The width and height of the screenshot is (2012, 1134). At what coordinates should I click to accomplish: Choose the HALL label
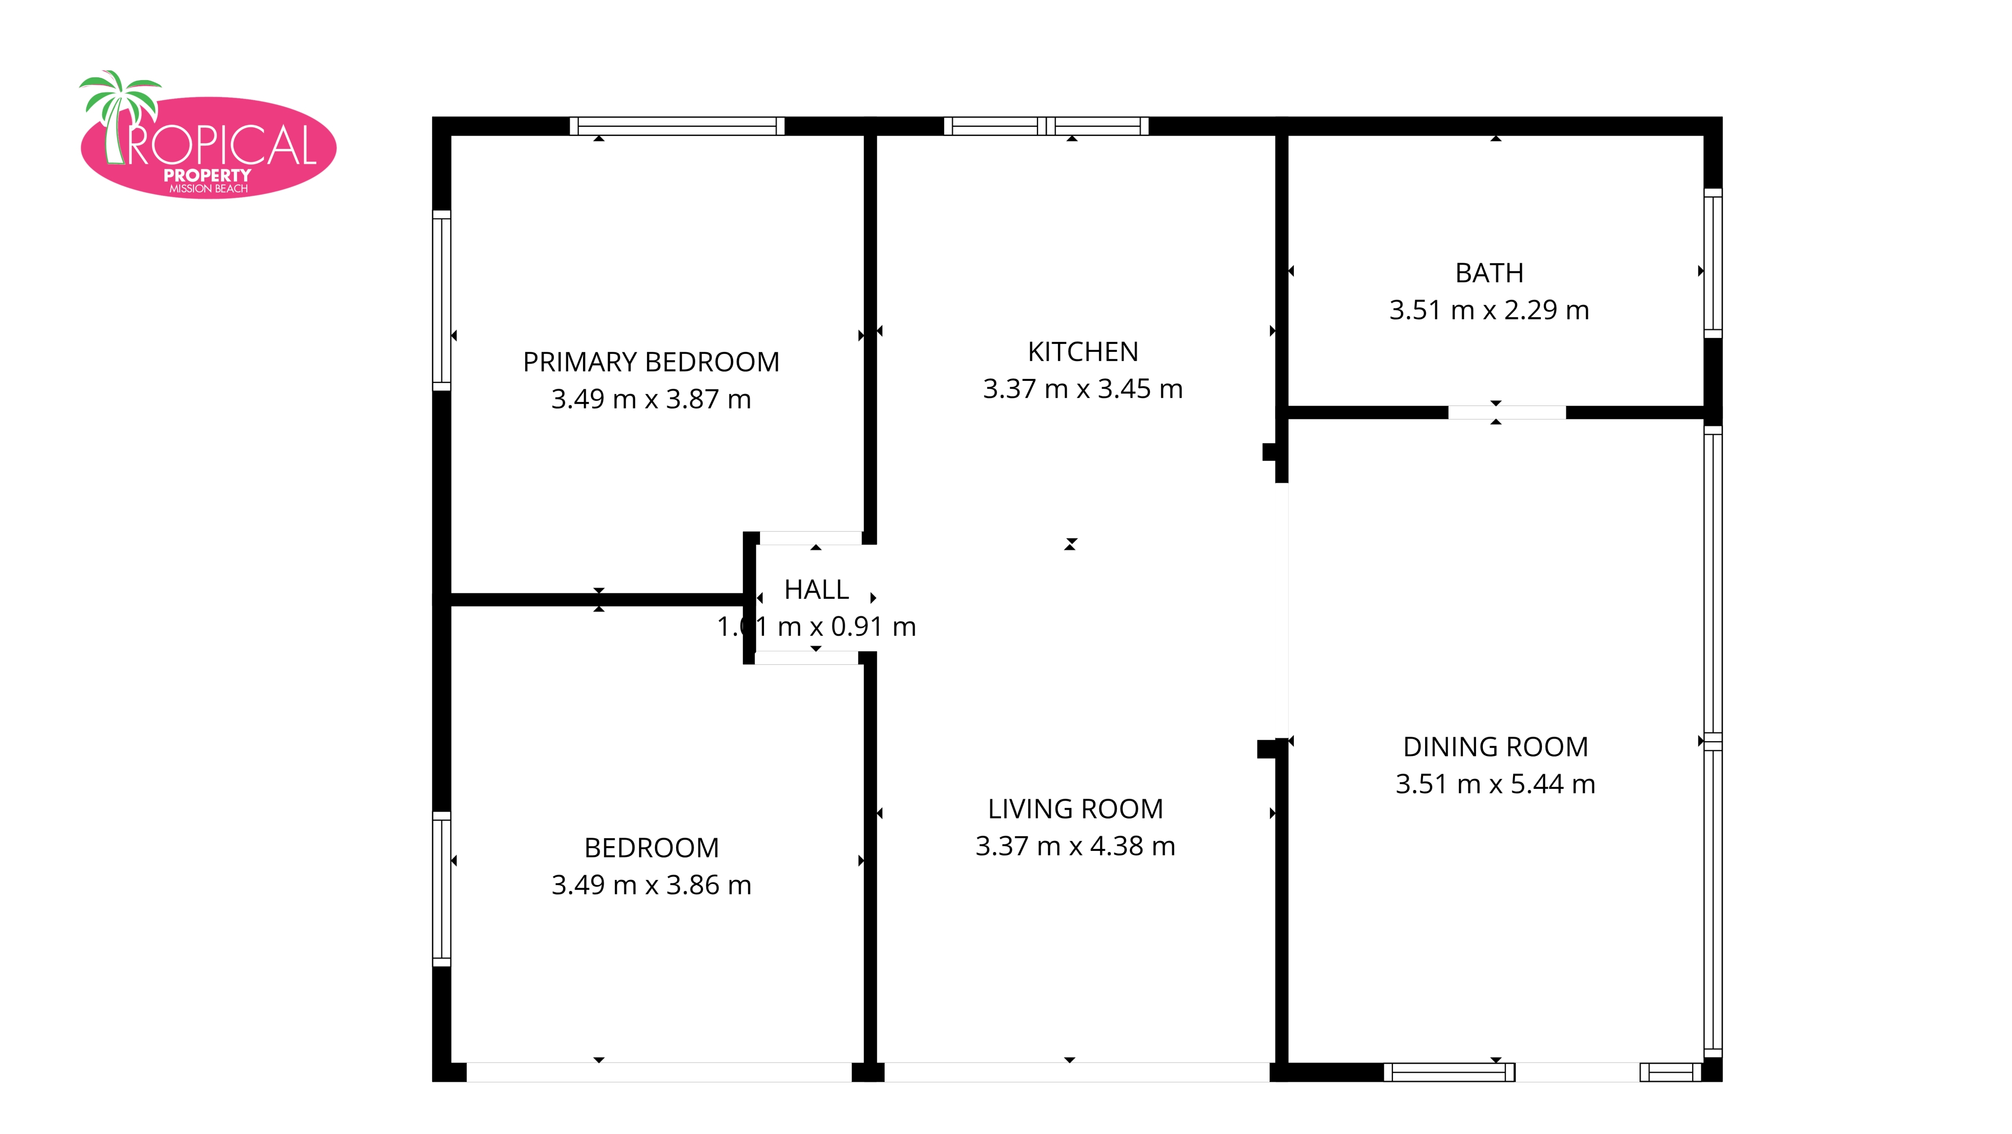pos(816,590)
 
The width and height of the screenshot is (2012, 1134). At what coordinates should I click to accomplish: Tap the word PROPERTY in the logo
pos(207,176)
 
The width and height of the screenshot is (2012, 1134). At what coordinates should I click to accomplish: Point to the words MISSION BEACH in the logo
pos(208,189)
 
